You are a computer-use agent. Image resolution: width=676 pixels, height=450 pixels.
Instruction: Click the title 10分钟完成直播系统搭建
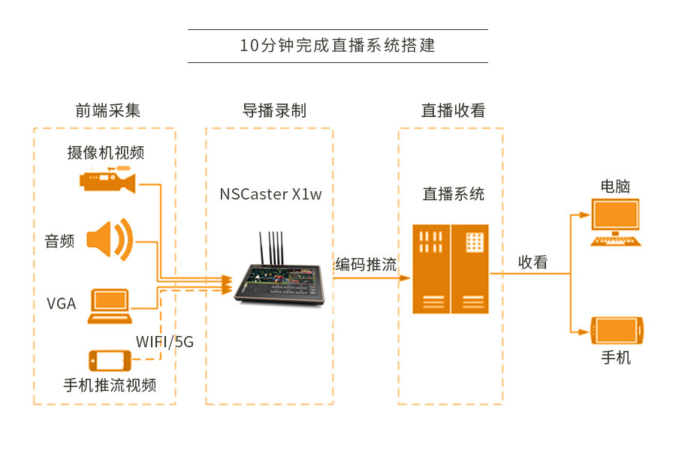click(x=337, y=45)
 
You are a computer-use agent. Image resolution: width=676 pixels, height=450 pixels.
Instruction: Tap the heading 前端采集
click(x=107, y=110)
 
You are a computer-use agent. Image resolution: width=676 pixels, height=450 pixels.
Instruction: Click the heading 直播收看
click(x=453, y=110)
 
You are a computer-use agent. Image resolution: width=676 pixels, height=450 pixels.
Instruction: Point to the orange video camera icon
click(x=109, y=181)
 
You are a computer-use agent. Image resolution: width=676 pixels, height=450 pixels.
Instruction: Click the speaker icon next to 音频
click(x=109, y=241)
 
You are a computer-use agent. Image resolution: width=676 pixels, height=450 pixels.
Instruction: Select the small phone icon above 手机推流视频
click(x=110, y=359)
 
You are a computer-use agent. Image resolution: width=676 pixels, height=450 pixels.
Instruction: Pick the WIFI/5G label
click(x=164, y=342)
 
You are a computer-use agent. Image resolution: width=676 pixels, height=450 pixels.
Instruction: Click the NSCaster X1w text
click(x=270, y=194)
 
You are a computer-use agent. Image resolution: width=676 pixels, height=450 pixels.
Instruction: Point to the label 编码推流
click(x=366, y=264)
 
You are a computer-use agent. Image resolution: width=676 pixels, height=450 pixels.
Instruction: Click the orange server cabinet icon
click(x=451, y=268)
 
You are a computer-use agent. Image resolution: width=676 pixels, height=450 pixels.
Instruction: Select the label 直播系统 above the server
click(x=454, y=194)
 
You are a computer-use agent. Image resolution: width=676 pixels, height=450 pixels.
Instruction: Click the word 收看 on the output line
click(x=533, y=262)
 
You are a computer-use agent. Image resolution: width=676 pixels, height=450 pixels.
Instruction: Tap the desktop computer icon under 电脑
click(x=616, y=222)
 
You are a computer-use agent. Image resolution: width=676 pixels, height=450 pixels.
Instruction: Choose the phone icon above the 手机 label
click(x=617, y=330)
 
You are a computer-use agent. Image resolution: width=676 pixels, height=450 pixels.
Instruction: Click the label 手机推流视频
click(x=110, y=385)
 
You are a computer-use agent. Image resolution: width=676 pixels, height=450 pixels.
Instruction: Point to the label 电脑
click(x=615, y=185)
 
